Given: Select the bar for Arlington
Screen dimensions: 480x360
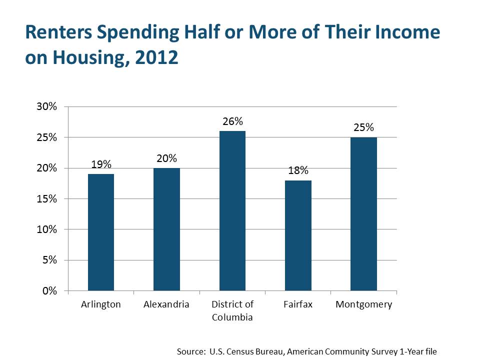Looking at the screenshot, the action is pyautogui.click(x=101, y=232).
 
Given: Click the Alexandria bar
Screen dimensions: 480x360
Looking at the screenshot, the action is pyautogui.click(x=166, y=229).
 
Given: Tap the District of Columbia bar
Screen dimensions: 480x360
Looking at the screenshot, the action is pyautogui.click(x=232, y=211).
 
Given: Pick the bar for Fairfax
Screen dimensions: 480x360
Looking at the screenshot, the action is pyautogui.click(x=298, y=235).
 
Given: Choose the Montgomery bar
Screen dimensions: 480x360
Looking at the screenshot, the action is pyautogui.click(x=363, y=214).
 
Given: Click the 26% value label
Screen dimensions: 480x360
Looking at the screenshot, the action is pyautogui.click(x=232, y=121).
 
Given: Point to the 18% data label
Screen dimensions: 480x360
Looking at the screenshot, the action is pyautogui.click(x=298, y=170).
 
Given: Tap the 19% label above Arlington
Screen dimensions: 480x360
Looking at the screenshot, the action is pyautogui.click(x=101, y=164).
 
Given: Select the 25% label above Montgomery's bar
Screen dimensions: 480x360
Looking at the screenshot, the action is pyautogui.click(x=363, y=127).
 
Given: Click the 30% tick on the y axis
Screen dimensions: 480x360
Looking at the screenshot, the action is pyautogui.click(x=47, y=106).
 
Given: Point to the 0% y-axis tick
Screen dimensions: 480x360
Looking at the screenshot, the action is pyautogui.click(x=49, y=291).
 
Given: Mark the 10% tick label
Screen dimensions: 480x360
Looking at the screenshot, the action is pyautogui.click(x=47, y=229).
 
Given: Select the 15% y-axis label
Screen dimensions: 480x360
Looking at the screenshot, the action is pyautogui.click(x=47, y=199).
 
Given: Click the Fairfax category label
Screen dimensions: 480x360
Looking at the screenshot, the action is pyautogui.click(x=298, y=304).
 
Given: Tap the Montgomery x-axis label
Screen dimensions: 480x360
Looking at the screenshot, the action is pyautogui.click(x=363, y=305).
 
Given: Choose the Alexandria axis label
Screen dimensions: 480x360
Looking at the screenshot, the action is pyautogui.click(x=166, y=304).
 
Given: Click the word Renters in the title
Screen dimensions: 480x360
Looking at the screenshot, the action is pyautogui.click(x=59, y=32).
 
